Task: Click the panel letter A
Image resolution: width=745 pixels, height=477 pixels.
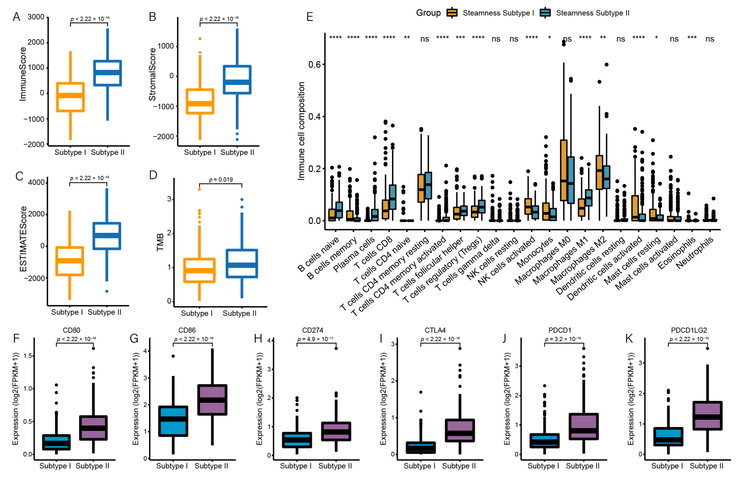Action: [16, 17]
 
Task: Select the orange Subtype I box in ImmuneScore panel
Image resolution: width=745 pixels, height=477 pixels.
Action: [70, 97]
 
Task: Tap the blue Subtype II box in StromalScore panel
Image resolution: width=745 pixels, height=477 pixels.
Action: [237, 80]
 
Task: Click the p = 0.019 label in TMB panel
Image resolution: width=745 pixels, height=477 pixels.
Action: [220, 180]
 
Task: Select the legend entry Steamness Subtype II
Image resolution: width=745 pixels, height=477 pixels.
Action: [592, 13]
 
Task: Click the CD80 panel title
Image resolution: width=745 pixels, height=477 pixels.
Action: [71, 330]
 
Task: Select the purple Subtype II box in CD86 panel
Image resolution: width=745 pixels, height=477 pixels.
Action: [212, 400]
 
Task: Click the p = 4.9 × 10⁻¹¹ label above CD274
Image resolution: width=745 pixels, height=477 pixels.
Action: [315, 339]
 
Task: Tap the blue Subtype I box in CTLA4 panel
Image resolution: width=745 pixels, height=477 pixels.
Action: [421, 448]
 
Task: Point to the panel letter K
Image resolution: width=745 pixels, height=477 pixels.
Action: [629, 339]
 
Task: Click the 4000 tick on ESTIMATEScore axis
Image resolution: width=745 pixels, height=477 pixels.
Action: [36, 182]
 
